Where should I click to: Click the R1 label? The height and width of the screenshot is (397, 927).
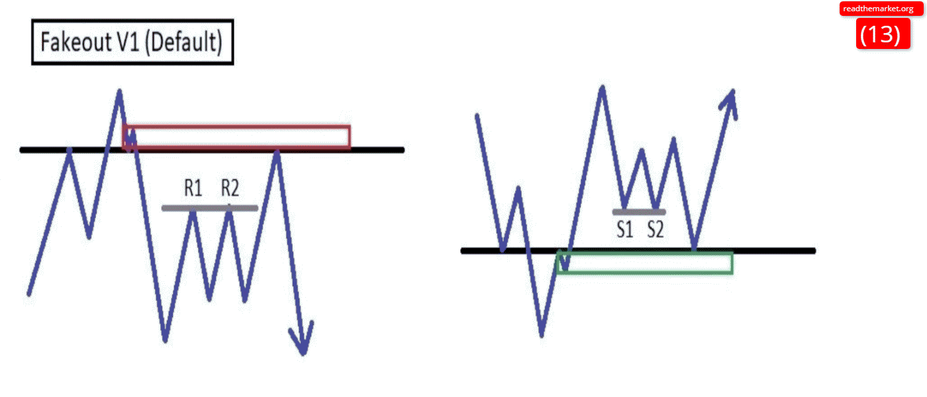[193, 189]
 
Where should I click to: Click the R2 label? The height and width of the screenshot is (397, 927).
[230, 189]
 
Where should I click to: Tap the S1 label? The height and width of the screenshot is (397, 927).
[626, 230]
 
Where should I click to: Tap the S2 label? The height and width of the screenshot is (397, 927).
[656, 230]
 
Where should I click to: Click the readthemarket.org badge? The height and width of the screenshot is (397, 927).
[878, 9]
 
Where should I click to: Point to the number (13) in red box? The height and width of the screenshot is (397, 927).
[880, 33]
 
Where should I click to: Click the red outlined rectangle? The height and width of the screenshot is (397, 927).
[238, 136]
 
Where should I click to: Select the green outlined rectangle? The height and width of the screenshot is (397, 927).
[646, 263]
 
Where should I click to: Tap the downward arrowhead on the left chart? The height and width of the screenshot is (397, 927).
[303, 341]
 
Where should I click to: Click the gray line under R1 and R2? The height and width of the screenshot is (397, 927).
[209, 208]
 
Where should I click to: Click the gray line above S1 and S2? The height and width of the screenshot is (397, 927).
[639, 212]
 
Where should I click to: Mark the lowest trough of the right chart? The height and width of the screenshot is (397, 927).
[542, 335]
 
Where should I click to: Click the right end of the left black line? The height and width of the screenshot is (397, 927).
[401, 150]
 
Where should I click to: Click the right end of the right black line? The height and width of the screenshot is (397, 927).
[812, 251]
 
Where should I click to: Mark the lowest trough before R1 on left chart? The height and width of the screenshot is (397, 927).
[165, 340]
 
